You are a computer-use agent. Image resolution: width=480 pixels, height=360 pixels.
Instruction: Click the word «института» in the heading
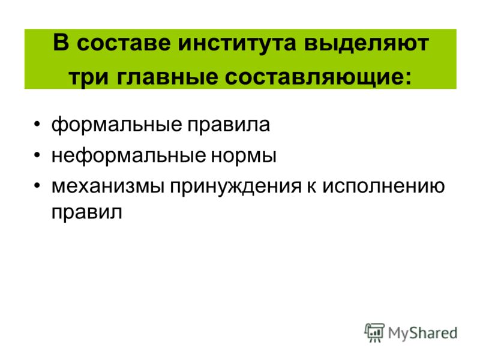tap(237, 43)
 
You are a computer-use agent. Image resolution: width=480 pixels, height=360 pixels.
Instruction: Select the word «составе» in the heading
tap(124, 44)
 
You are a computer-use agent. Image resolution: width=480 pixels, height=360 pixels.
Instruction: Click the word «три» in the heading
tap(88, 78)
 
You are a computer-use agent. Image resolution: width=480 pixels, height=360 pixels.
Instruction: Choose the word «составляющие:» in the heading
tap(318, 78)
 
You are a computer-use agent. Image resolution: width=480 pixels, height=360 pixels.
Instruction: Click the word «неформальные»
tap(128, 156)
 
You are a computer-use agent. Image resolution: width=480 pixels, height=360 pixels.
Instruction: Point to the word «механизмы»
tap(108, 186)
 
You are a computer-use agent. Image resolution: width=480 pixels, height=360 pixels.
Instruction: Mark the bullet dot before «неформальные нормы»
tap(37, 155)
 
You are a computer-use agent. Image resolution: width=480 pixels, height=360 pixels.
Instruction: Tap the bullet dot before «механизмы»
tap(37, 185)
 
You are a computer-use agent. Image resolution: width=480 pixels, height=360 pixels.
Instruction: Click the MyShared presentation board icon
tap(374, 332)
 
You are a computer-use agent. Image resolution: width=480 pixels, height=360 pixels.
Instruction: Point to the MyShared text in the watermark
tap(422, 334)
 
